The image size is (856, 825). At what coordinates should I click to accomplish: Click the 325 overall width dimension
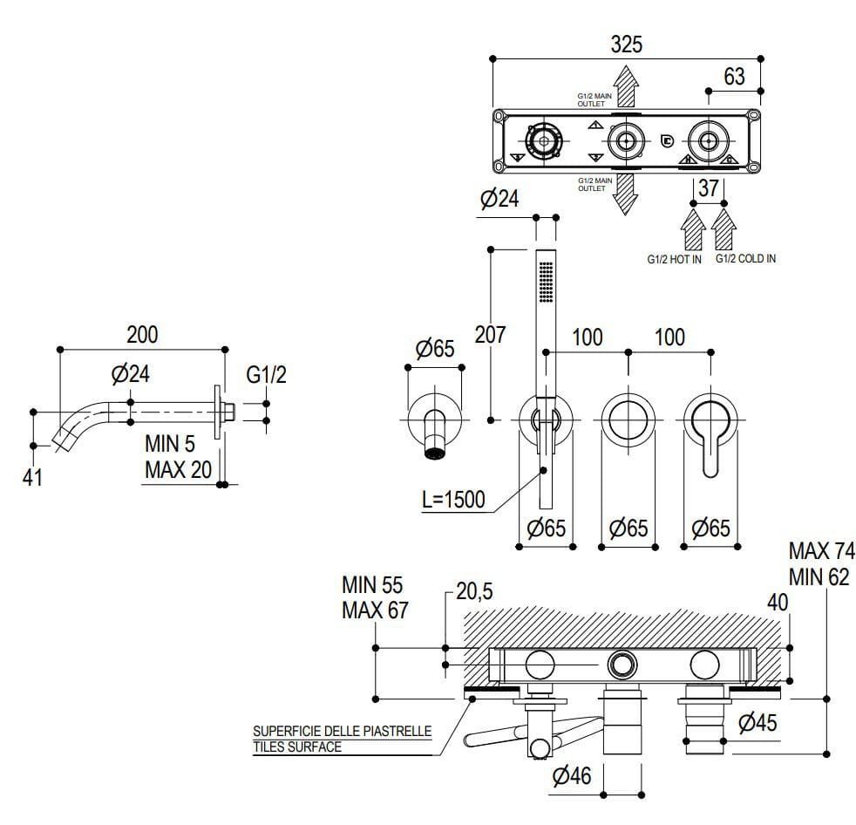pyautogui.click(x=626, y=44)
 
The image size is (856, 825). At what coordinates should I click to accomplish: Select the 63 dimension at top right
pyautogui.click(x=734, y=77)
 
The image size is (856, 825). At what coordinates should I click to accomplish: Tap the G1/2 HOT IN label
pyautogui.click(x=673, y=259)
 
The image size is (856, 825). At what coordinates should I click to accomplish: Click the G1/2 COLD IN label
pyautogui.click(x=745, y=259)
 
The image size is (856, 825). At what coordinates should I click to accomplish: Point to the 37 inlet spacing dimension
pyautogui.click(x=709, y=187)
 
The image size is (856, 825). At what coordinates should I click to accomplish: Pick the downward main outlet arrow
pyautogui.click(x=624, y=192)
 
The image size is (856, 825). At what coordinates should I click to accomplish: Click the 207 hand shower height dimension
pyautogui.click(x=489, y=335)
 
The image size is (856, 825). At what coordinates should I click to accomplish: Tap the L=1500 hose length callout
pyautogui.click(x=452, y=501)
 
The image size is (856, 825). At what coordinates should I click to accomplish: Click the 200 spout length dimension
pyautogui.click(x=142, y=335)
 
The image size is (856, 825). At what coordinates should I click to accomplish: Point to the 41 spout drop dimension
pyautogui.click(x=32, y=478)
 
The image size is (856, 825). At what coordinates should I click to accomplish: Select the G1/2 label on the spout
pyautogui.click(x=266, y=375)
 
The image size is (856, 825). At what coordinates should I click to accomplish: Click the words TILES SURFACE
pyautogui.click(x=296, y=747)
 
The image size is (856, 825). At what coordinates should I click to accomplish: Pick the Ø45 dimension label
pyautogui.click(x=756, y=723)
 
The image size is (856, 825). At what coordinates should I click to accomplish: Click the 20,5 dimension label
pyautogui.click(x=474, y=591)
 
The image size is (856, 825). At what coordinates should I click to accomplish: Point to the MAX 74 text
pyautogui.click(x=821, y=551)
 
